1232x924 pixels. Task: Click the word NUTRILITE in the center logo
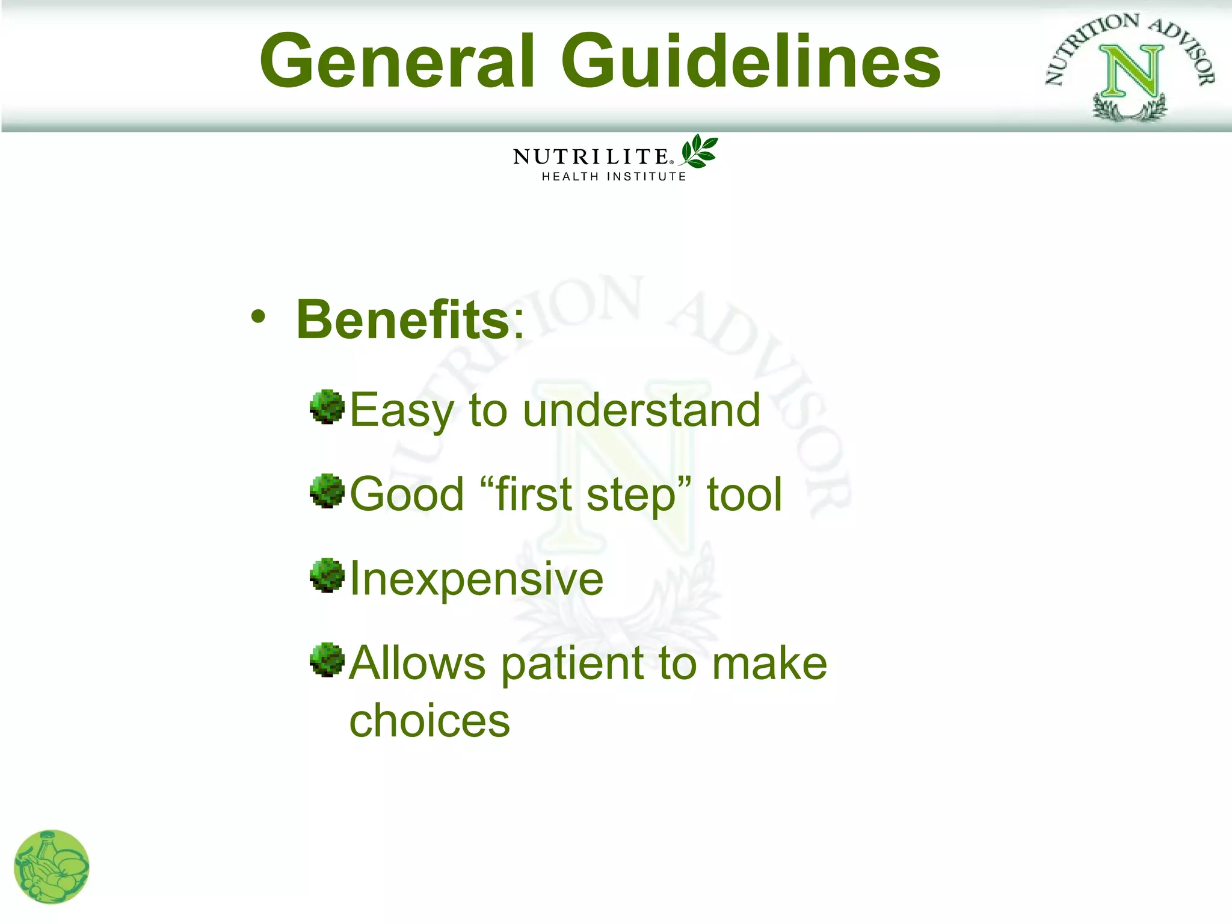point(591,156)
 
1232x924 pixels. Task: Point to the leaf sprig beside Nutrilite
point(699,152)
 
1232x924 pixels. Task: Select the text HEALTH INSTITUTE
point(614,176)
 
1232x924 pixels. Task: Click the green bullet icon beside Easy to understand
point(327,407)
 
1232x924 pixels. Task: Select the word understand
point(641,410)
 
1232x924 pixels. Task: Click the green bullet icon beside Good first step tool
point(327,491)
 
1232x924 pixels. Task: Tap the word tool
point(744,494)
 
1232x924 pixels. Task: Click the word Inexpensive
point(476,579)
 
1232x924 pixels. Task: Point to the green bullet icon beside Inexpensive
point(327,575)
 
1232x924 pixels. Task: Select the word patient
point(573,664)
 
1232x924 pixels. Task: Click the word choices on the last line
point(430,721)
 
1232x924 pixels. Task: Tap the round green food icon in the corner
point(52,867)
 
